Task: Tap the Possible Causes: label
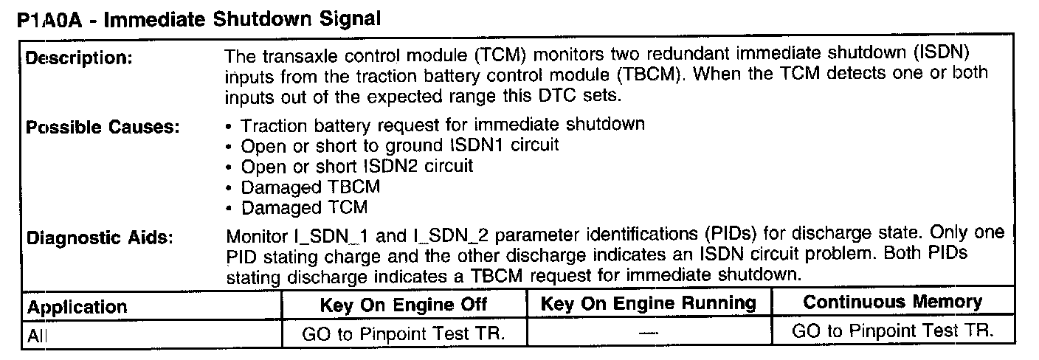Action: [x=103, y=127]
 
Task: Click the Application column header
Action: [x=77, y=306]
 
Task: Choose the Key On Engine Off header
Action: [x=404, y=305]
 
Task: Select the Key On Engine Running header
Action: [x=649, y=303]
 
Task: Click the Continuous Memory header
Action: [x=892, y=302]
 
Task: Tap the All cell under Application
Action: [x=38, y=335]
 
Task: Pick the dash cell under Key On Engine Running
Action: [x=649, y=334]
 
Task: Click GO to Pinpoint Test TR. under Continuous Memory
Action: [x=893, y=331]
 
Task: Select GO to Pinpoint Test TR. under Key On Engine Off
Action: [x=404, y=333]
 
